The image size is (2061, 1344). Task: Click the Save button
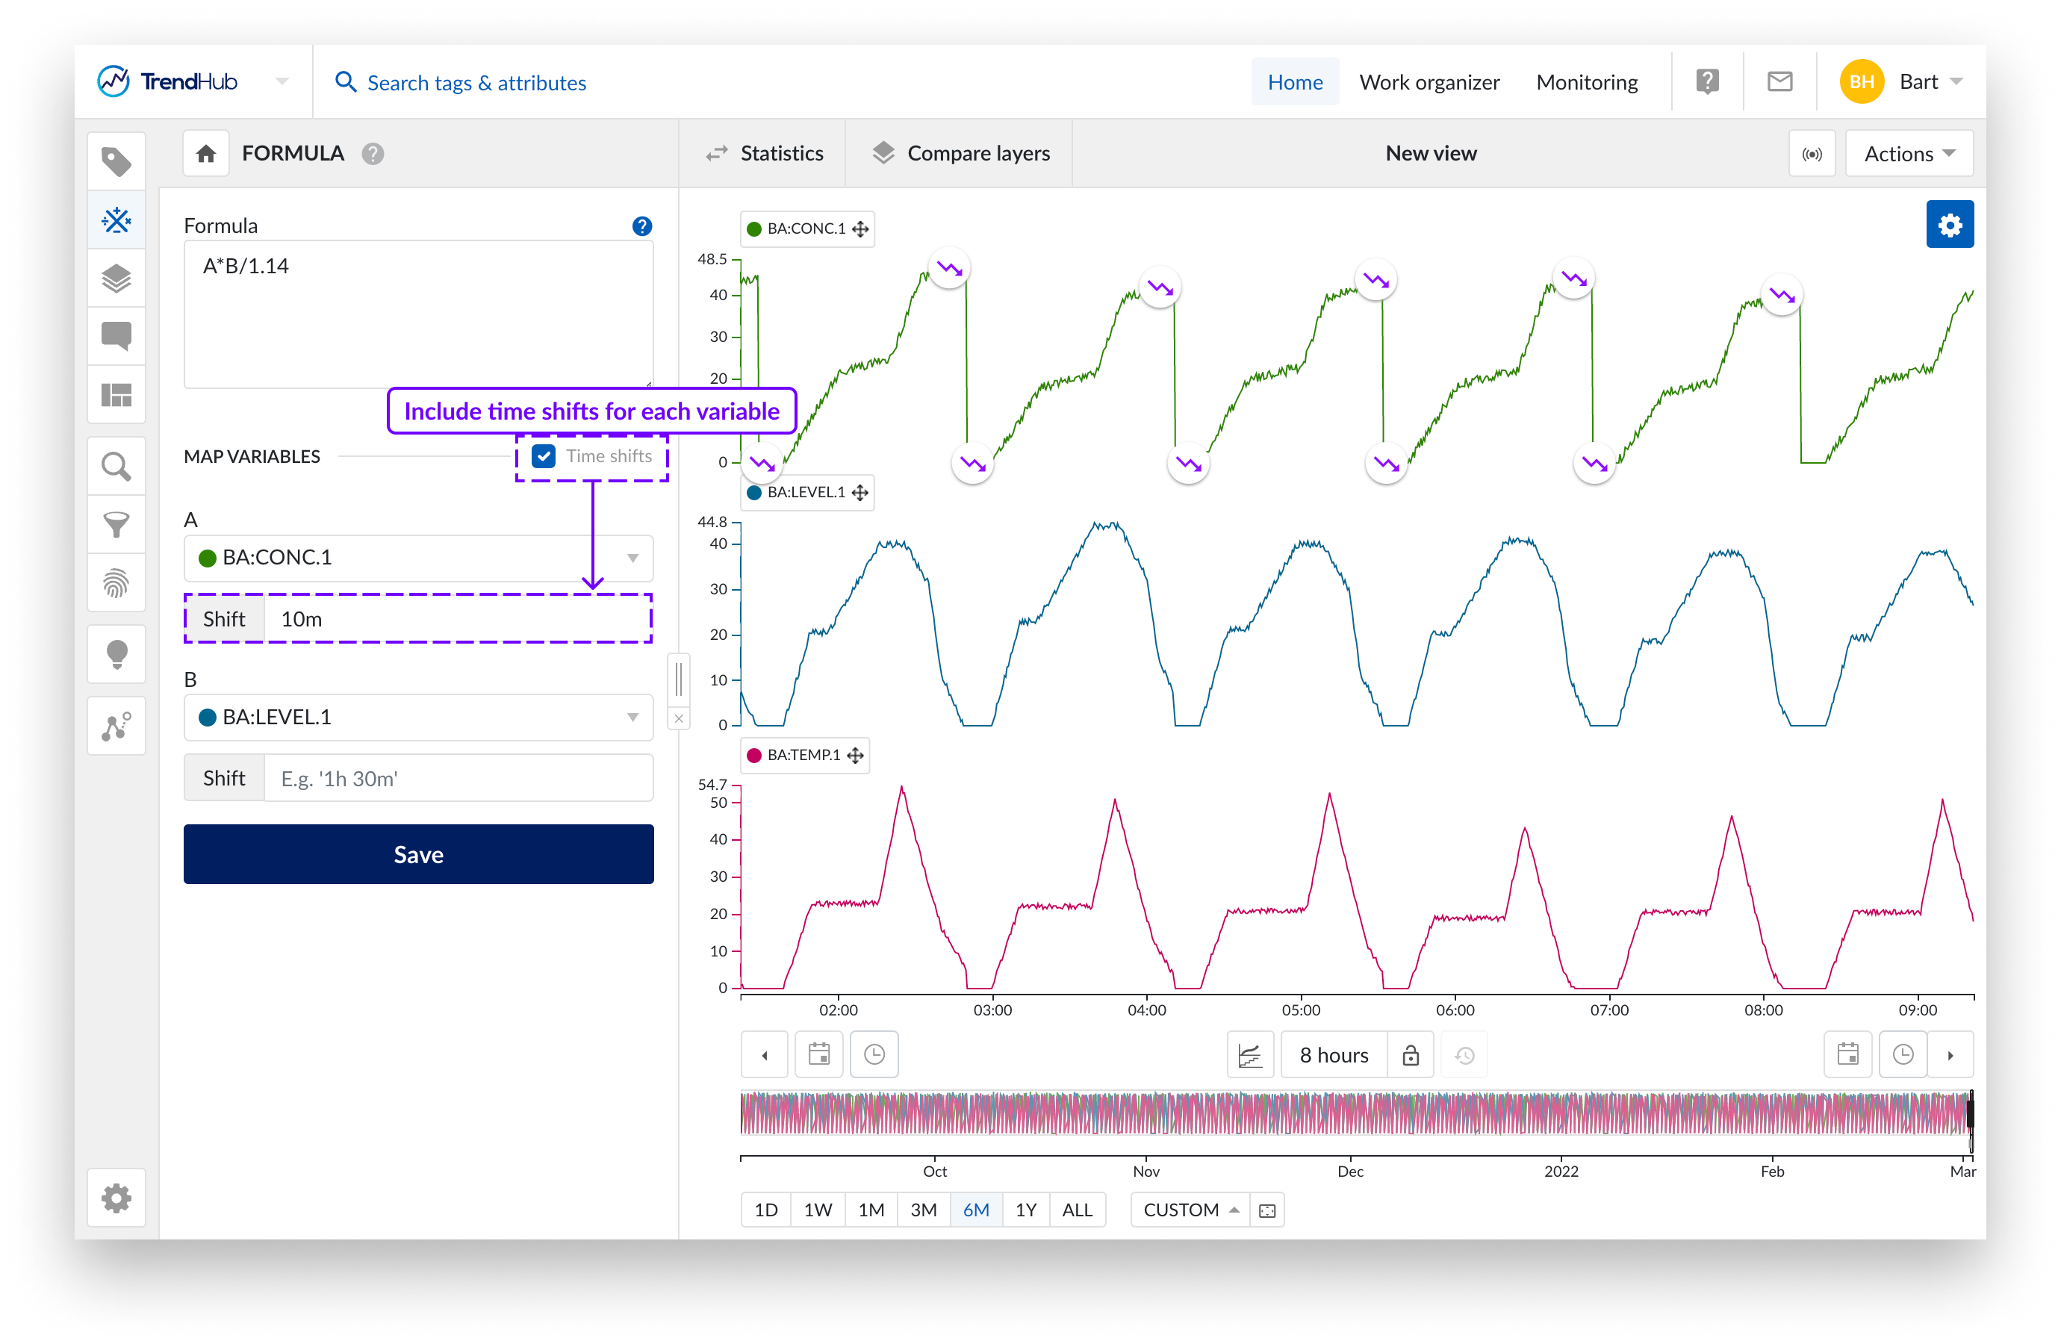[418, 854]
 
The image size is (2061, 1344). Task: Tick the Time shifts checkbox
[544, 456]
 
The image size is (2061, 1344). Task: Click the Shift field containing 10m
[457, 618]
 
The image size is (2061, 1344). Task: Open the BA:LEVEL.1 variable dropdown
[418, 717]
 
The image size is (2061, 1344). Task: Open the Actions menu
[1908, 153]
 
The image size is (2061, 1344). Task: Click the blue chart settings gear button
[1948, 225]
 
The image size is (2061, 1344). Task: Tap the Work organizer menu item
[1429, 82]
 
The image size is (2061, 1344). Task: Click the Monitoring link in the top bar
[1587, 82]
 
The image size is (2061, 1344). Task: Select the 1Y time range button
[1025, 1210]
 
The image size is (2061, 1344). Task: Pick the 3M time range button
[923, 1210]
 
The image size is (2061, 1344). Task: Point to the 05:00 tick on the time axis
[1301, 1008]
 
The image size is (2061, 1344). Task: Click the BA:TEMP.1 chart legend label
[803, 755]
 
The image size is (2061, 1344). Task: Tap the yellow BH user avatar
[1861, 82]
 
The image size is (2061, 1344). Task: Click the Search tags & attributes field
[476, 83]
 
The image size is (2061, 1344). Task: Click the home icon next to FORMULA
[206, 154]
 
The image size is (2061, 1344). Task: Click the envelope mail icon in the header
[1779, 82]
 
